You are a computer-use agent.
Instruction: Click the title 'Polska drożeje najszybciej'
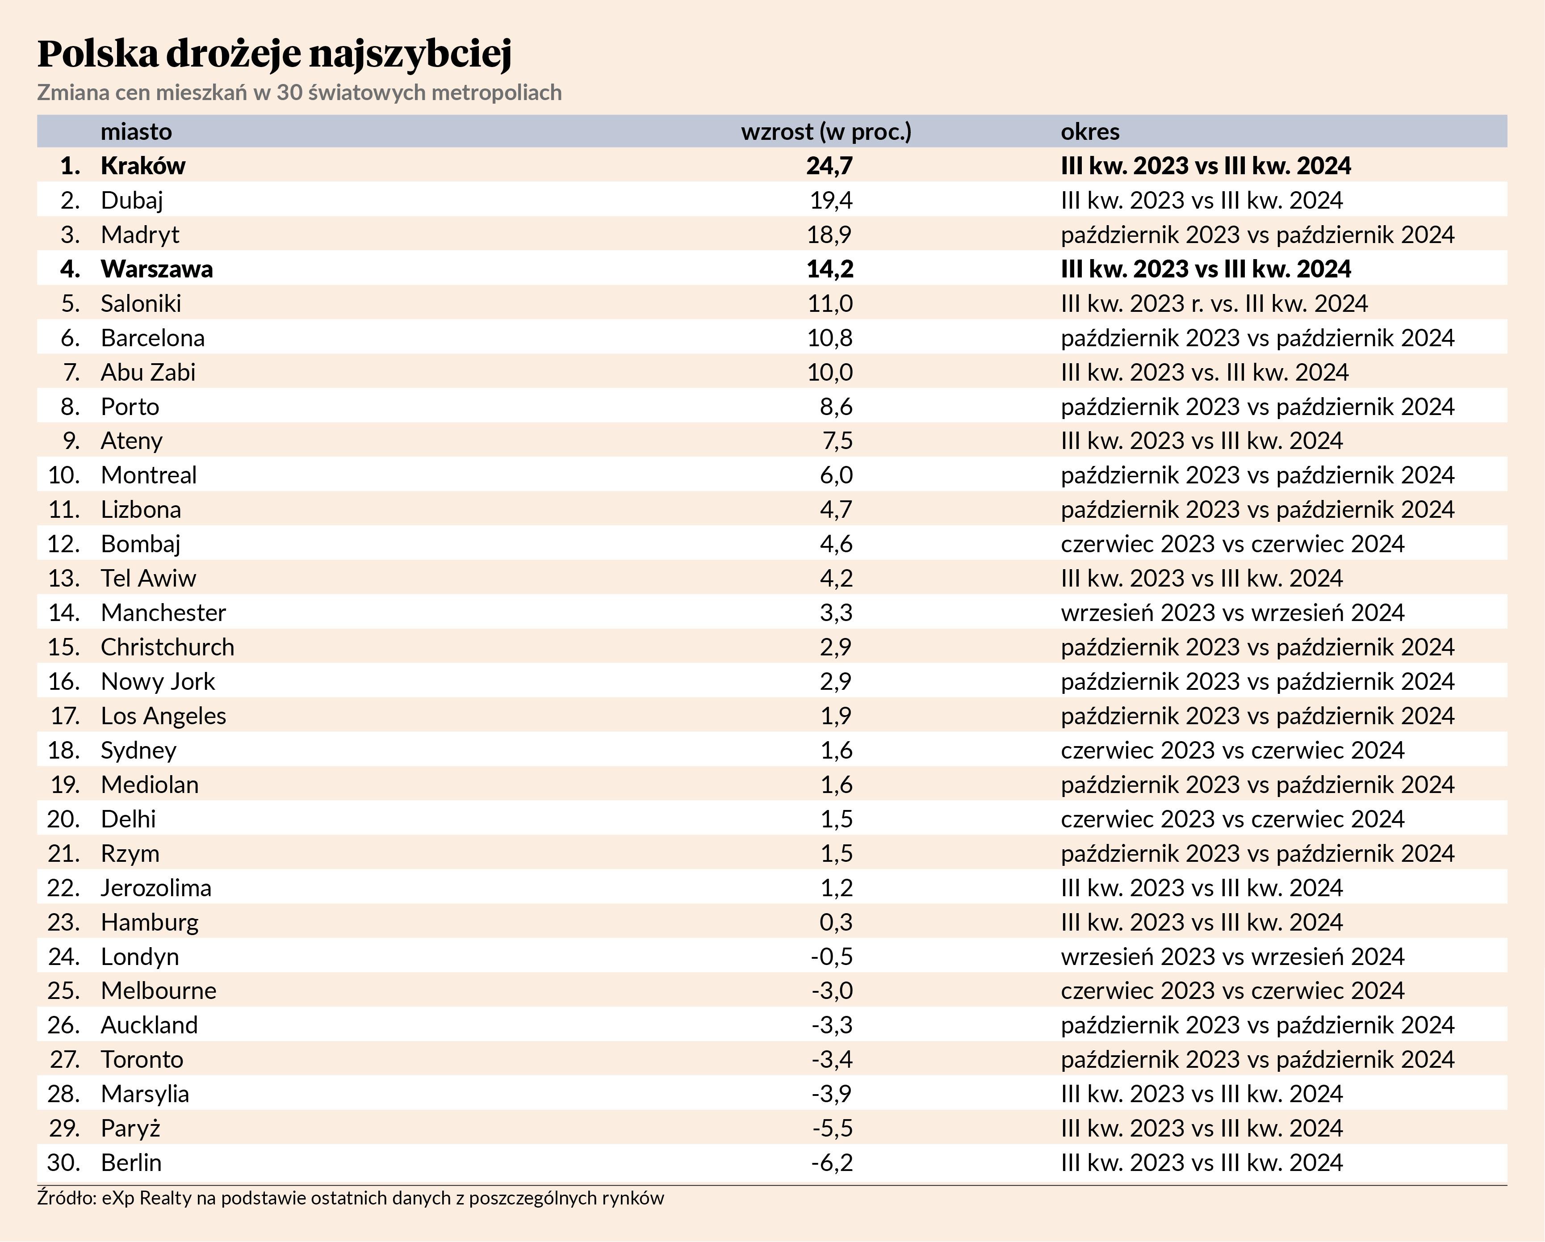point(274,53)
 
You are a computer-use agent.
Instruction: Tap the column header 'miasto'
point(136,132)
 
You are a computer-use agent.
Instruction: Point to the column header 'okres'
point(1090,132)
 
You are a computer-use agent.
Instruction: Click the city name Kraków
point(142,166)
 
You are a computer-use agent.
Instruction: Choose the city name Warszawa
point(156,269)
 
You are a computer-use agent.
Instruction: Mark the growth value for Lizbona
point(836,510)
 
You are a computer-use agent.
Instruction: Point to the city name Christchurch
point(167,647)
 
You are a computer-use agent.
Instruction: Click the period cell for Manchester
point(1232,613)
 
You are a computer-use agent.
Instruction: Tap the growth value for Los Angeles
point(836,716)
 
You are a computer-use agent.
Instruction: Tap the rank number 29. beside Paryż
point(64,1128)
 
